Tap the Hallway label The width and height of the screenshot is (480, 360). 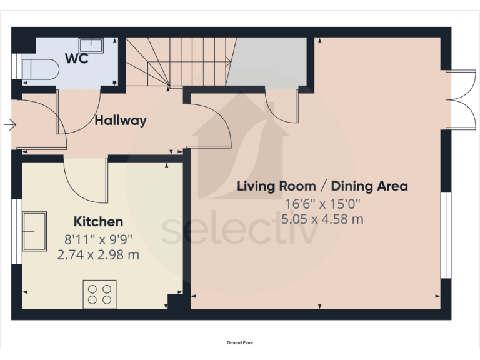point(121,121)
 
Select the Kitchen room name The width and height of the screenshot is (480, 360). point(99,221)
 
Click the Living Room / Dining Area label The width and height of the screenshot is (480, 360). point(322,186)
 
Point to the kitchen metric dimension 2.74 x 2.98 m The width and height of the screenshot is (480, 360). point(99,255)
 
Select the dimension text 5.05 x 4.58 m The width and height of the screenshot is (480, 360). point(322,219)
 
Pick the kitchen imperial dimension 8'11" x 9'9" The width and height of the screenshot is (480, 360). point(99,239)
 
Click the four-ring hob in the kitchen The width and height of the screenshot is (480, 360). point(100,294)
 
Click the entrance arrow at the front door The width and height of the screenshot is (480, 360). point(9,125)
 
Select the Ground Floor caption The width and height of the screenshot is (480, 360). point(240,342)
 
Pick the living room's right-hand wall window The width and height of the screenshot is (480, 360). point(445,234)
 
